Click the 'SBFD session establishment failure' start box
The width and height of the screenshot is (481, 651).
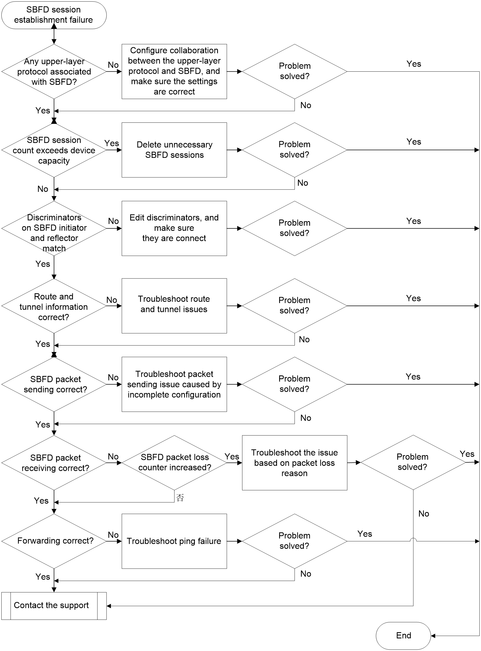coord(54,15)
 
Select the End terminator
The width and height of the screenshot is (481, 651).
coord(403,636)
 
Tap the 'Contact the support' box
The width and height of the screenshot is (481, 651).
coord(54,606)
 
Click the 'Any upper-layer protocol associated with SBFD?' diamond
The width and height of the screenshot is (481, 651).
coord(54,72)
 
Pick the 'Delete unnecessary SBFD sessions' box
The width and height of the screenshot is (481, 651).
coord(174,150)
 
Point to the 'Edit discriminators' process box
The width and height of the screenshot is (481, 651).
coord(174,228)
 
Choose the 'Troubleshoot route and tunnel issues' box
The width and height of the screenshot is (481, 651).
coord(174,306)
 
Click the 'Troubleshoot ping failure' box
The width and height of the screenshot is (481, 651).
coord(174,541)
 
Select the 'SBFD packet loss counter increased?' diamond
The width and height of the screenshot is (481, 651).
coord(174,463)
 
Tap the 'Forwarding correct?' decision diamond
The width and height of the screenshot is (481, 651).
coord(54,541)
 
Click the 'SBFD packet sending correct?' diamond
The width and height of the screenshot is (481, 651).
coord(54,385)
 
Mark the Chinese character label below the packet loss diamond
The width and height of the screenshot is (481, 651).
coord(180,498)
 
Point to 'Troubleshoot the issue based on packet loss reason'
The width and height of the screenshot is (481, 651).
coord(294,463)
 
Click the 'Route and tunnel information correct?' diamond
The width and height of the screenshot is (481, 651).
coord(54,306)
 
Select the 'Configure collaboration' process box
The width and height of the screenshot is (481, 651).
coord(174,72)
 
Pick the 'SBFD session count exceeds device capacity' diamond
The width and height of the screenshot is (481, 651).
coord(54,150)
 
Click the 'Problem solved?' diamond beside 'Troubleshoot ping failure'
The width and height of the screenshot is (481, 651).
coord(294,541)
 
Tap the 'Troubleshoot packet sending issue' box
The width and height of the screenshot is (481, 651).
coord(174,385)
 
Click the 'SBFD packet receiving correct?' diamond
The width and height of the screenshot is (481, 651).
coord(54,463)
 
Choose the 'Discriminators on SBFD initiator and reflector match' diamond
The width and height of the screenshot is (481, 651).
coord(54,228)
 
